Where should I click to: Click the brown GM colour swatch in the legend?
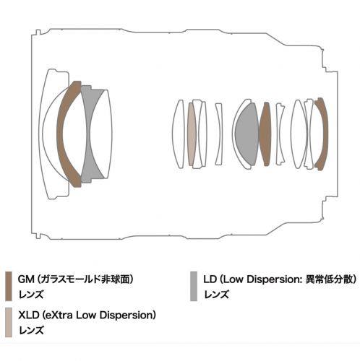(x=9, y=286)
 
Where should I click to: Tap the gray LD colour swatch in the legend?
(x=194, y=286)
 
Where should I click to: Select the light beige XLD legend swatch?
(x=9, y=322)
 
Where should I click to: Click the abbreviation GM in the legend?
(x=26, y=279)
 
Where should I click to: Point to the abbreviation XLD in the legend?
(x=28, y=315)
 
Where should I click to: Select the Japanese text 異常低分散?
(x=329, y=279)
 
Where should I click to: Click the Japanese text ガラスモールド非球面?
(x=85, y=279)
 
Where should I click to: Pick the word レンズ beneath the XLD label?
(x=31, y=330)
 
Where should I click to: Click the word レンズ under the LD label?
(x=216, y=295)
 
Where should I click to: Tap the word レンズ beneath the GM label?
(x=31, y=295)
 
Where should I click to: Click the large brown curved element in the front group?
(x=60, y=134)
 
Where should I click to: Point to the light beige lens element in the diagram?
(x=192, y=134)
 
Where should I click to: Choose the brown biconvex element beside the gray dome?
(x=265, y=134)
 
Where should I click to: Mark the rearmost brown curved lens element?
(x=324, y=134)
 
